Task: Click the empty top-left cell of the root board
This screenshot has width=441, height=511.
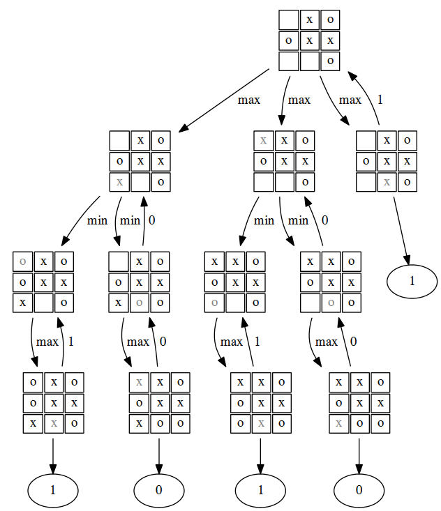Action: coord(289,20)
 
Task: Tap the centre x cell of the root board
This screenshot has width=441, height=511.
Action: coord(309,40)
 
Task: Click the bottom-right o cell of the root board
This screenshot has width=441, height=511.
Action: coord(330,61)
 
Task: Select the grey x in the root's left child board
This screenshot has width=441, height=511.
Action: coord(120,182)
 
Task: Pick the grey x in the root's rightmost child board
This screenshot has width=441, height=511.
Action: coord(387,182)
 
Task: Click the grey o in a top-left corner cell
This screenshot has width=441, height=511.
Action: coord(24,262)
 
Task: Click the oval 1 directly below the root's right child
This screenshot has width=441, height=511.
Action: coord(412,281)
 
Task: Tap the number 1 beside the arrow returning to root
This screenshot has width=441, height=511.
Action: coord(380,100)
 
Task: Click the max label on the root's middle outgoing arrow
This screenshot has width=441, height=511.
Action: coord(299,100)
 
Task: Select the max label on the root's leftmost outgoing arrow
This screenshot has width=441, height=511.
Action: coord(248,100)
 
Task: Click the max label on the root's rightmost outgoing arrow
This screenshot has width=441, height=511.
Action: coord(350,100)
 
